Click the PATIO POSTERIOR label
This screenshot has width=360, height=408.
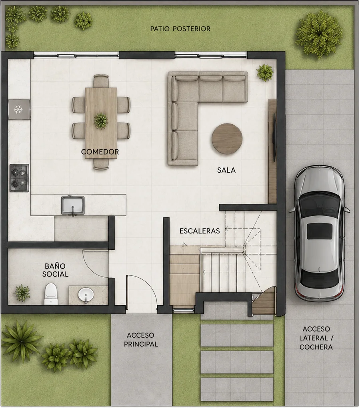click(x=180, y=29)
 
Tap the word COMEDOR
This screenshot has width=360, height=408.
click(x=100, y=152)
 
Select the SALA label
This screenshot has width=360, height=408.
click(x=226, y=170)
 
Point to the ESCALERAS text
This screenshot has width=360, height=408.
click(x=200, y=231)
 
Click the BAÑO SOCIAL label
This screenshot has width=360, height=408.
click(x=55, y=270)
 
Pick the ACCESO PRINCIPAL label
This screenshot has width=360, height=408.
click(x=141, y=340)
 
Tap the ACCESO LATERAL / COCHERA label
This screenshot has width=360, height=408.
click(x=316, y=338)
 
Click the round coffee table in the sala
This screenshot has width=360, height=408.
click(x=227, y=139)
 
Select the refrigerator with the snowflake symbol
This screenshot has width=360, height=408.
click(x=19, y=109)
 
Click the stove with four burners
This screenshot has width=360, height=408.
click(x=19, y=178)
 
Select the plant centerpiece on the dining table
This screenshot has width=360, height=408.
click(x=101, y=120)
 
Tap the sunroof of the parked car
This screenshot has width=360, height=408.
click(x=320, y=231)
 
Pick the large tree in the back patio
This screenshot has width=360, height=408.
click(x=319, y=34)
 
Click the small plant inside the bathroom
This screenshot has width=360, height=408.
click(x=22, y=293)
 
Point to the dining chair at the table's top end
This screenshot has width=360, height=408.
click(x=101, y=81)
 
